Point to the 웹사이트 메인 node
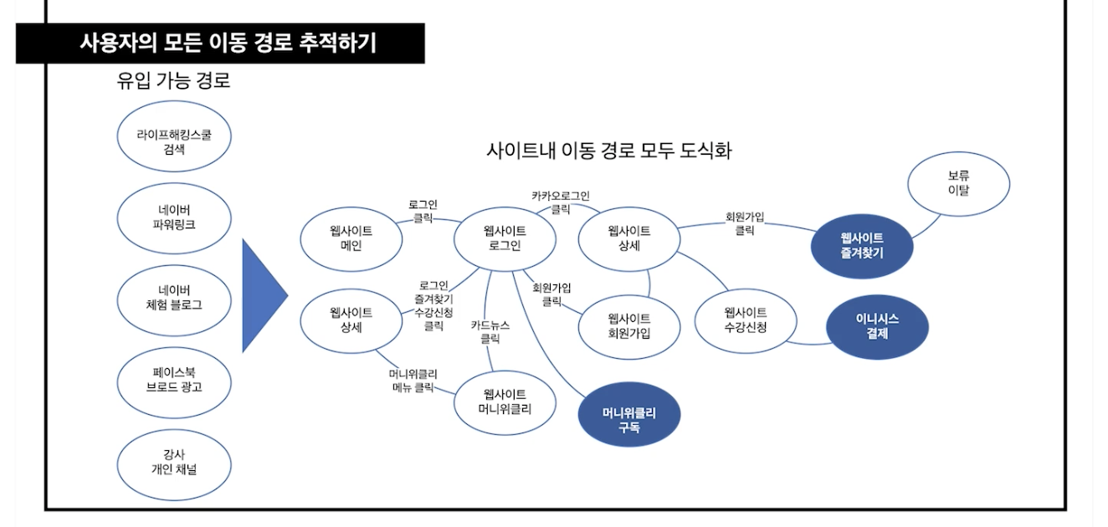pyautogui.click(x=351, y=238)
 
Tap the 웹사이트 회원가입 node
pyautogui.click(x=629, y=325)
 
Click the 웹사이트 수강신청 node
pyautogui.click(x=746, y=319)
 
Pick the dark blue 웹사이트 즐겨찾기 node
pyautogui.click(x=862, y=245)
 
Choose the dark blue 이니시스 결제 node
pyautogui.click(x=877, y=325)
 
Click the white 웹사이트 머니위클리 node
pyautogui.click(x=505, y=402)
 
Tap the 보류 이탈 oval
pyautogui.click(x=958, y=183)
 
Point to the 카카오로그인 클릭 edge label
pyautogui.click(x=560, y=202)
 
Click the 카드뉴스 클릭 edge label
pyautogui.click(x=490, y=333)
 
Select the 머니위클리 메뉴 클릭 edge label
pyautogui.click(x=413, y=381)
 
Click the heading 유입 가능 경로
pyautogui.click(x=174, y=82)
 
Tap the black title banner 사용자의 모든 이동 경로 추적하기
pyautogui.click(x=220, y=43)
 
